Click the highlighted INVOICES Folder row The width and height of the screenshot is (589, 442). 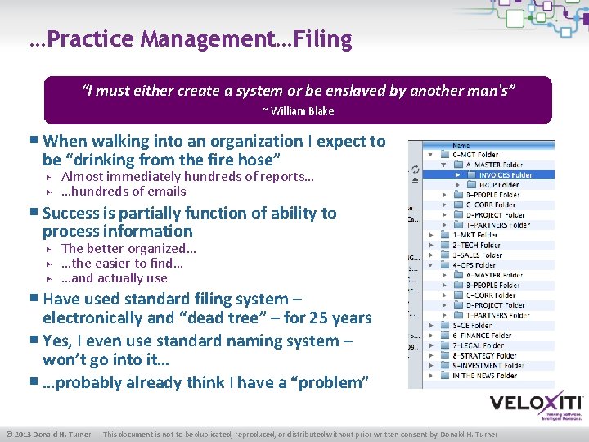click(505, 174)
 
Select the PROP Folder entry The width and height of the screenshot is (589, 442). click(499, 185)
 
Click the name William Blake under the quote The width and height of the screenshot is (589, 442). click(303, 111)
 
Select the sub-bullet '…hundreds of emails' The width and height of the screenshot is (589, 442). click(124, 192)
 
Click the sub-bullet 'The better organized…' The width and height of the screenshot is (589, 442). click(128, 249)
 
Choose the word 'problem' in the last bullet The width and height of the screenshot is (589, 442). click(335, 383)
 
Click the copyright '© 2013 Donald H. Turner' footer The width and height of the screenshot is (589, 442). click(48, 434)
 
